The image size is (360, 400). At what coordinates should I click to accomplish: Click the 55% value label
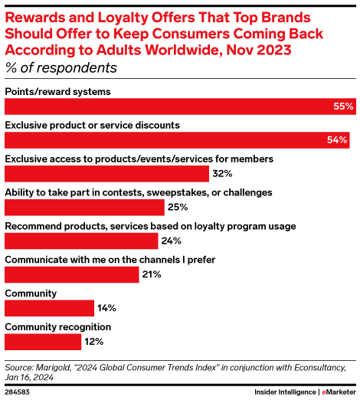pos(343,107)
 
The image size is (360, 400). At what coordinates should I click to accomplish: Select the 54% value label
pos(338,140)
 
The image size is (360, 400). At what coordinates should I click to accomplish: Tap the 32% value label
pos(221,174)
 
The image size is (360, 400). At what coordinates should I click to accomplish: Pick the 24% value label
pos(171,241)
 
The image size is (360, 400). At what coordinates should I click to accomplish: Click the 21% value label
pos(152,274)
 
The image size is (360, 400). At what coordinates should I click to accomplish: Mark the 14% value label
pos(106,308)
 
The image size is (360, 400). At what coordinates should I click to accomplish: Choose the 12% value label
pos(93,341)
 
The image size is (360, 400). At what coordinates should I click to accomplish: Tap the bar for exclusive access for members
pos(106,174)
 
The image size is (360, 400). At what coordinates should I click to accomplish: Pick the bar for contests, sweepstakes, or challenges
pos(84,208)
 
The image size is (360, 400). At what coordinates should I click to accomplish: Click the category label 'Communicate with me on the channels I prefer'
pos(110,259)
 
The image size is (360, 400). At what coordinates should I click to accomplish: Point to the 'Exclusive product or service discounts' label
pos(92,125)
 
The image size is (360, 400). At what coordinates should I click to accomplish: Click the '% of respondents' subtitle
pos(61,67)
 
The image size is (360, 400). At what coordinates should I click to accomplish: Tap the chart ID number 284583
pos(20,392)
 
